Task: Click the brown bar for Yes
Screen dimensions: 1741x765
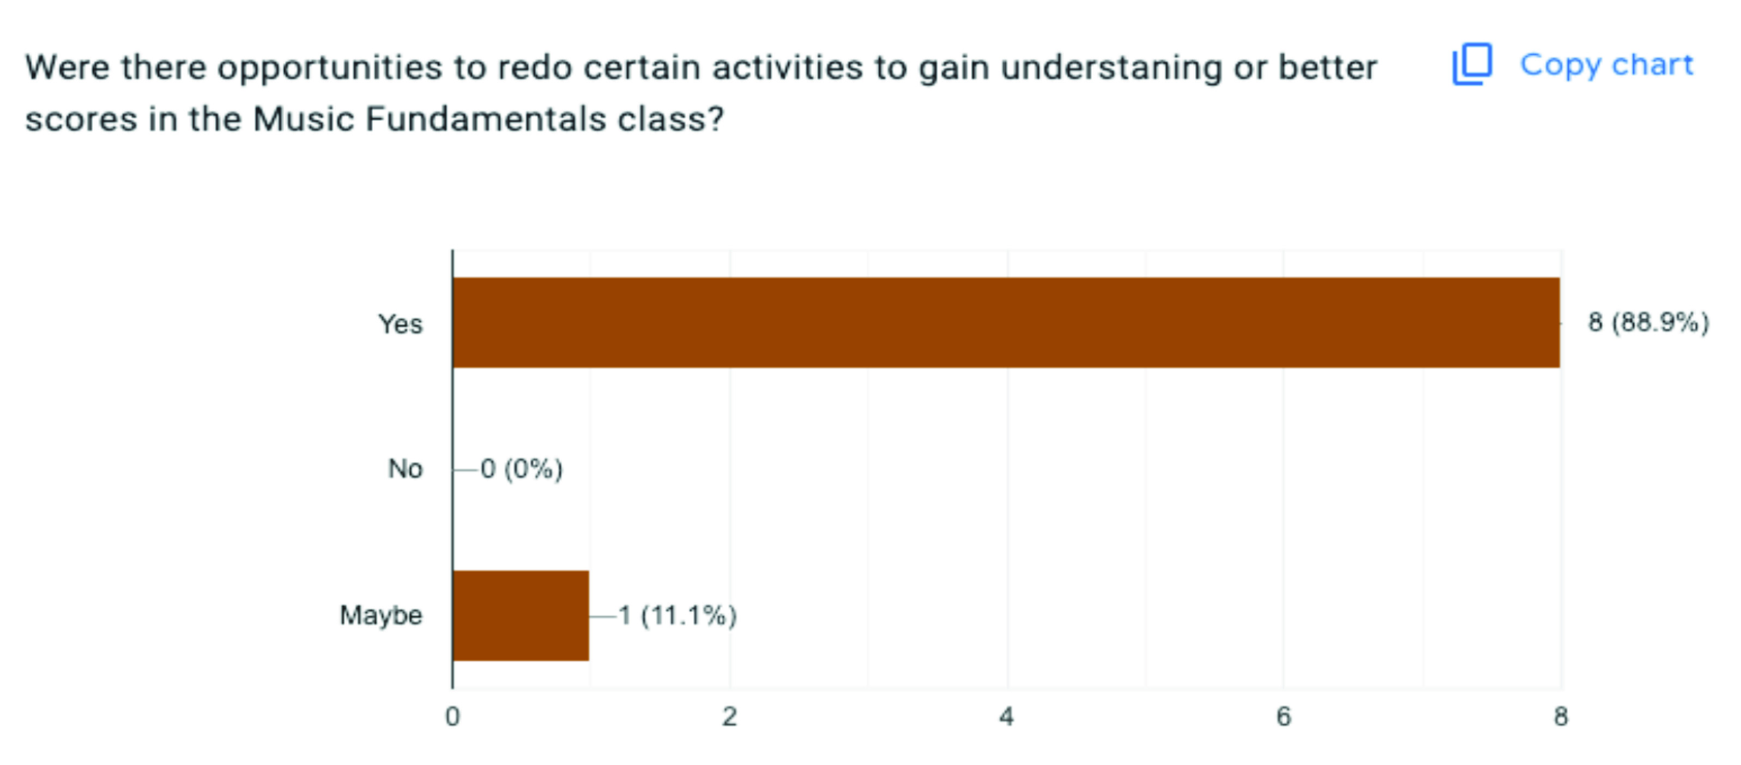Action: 1006,322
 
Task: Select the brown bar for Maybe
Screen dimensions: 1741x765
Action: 521,616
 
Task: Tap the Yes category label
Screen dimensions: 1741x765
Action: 400,324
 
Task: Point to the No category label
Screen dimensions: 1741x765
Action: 406,468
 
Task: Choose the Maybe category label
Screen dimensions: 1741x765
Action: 381,616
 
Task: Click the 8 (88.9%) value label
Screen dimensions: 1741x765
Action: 1648,322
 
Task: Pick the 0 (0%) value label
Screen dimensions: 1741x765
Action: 521,468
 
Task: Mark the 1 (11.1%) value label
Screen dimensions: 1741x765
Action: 677,616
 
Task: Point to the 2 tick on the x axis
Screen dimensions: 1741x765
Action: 729,716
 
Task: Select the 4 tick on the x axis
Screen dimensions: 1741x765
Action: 1006,716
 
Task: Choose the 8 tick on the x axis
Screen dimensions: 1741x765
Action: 1561,716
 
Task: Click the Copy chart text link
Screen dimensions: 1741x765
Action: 1606,65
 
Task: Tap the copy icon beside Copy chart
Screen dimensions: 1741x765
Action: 1472,65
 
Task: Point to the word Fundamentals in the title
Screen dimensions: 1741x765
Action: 486,119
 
